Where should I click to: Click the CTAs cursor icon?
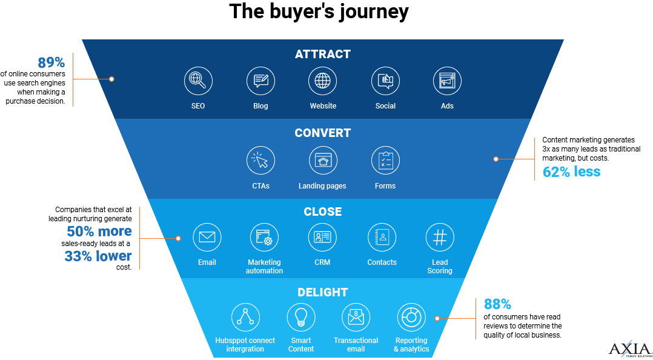click(x=260, y=161)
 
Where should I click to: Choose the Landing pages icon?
click(x=322, y=161)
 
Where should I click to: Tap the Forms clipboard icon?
click(x=385, y=161)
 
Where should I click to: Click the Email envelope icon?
click(x=207, y=238)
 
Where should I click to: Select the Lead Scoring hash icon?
click(x=440, y=238)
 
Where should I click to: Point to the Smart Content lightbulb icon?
click(x=301, y=317)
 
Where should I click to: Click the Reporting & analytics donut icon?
click(x=411, y=317)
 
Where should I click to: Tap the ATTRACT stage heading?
click(x=322, y=55)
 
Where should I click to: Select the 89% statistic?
click(x=51, y=63)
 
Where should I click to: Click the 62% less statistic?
click(x=571, y=172)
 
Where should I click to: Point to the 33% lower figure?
click(x=98, y=256)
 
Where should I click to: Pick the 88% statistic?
click(x=497, y=304)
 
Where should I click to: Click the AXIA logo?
click(x=630, y=350)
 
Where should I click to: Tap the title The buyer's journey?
click(x=319, y=12)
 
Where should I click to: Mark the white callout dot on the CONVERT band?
click(x=496, y=159)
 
